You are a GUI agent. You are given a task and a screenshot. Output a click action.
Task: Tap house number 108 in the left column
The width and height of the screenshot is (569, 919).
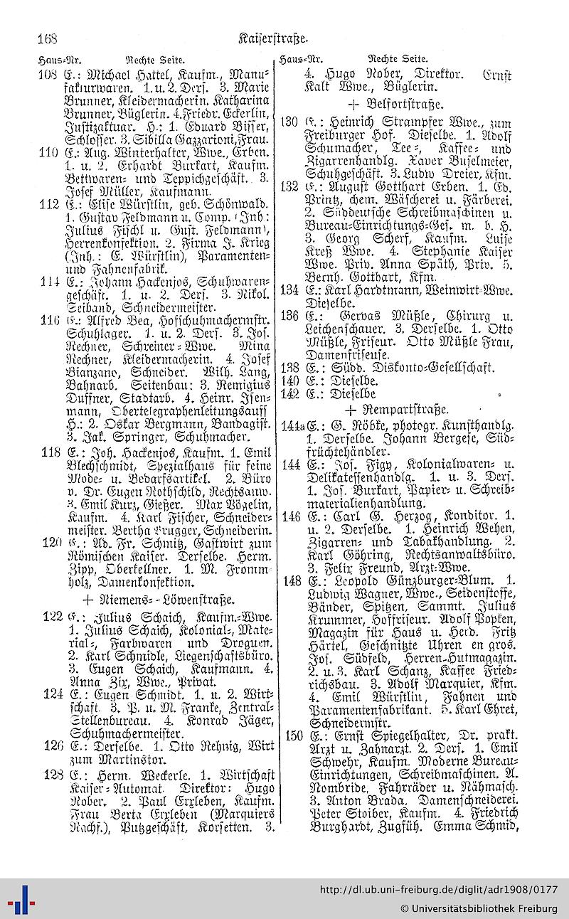pyautogui.click(x=48, y=74)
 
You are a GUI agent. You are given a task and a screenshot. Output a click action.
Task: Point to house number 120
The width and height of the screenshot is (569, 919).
pyautogui.click(x=48, y=543)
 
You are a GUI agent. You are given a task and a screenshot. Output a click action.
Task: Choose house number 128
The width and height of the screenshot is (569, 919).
pyautogui.click(x=53, y=772)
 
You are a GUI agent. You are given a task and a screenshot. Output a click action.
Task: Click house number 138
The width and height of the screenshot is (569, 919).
pyautogui.click(x=289, y=368)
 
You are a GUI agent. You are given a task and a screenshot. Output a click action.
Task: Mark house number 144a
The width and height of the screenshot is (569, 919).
pyautogui.click(x=291, y=427)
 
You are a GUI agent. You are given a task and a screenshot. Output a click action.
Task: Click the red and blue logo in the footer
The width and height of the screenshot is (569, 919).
pyautogui.click(x=19, y=899)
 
